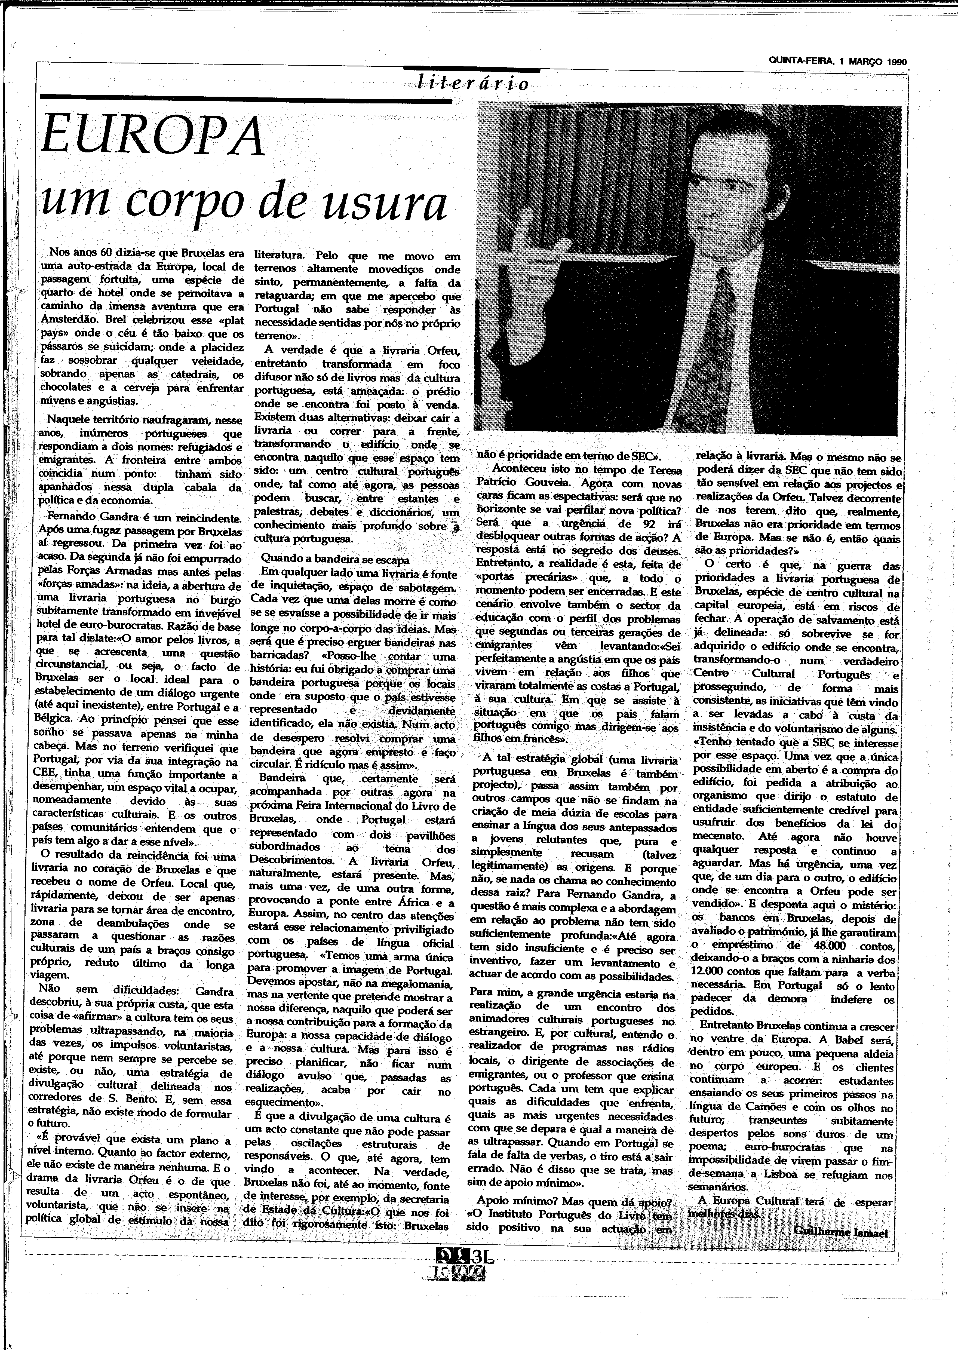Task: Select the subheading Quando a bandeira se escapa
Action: tap(335, 560)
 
